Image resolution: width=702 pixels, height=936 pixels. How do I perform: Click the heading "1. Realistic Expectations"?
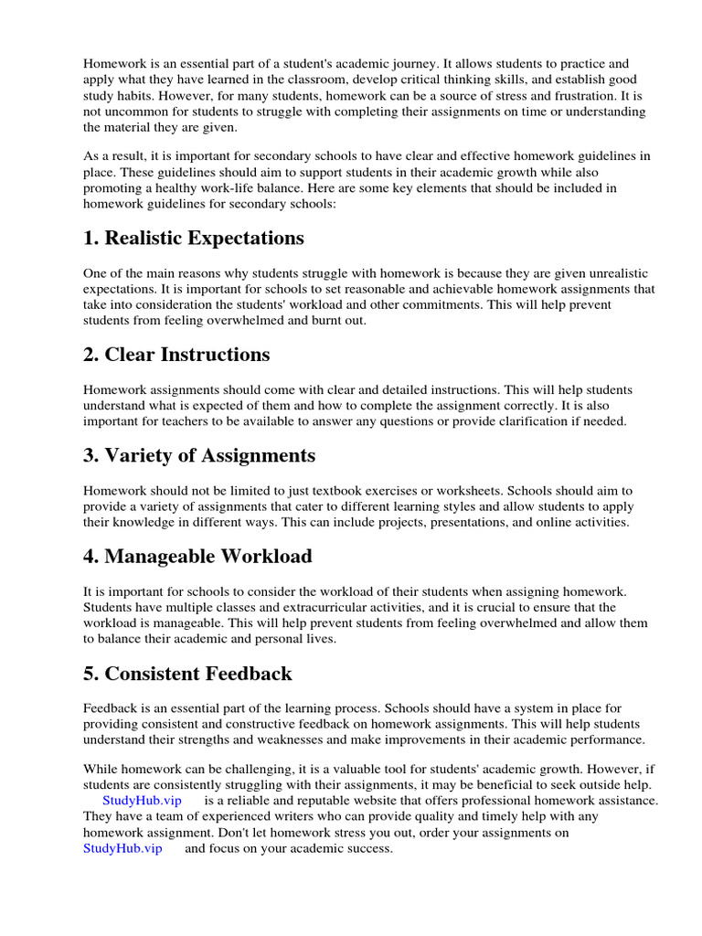coord(193,239)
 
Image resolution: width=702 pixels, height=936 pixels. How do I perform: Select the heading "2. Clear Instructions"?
coord(176,355)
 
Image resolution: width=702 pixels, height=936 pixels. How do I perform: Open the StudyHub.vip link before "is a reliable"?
coord(142,800)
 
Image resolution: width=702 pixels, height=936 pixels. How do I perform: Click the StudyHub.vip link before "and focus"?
coord(122,848)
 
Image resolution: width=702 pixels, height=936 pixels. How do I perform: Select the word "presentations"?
coord(468,522)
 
